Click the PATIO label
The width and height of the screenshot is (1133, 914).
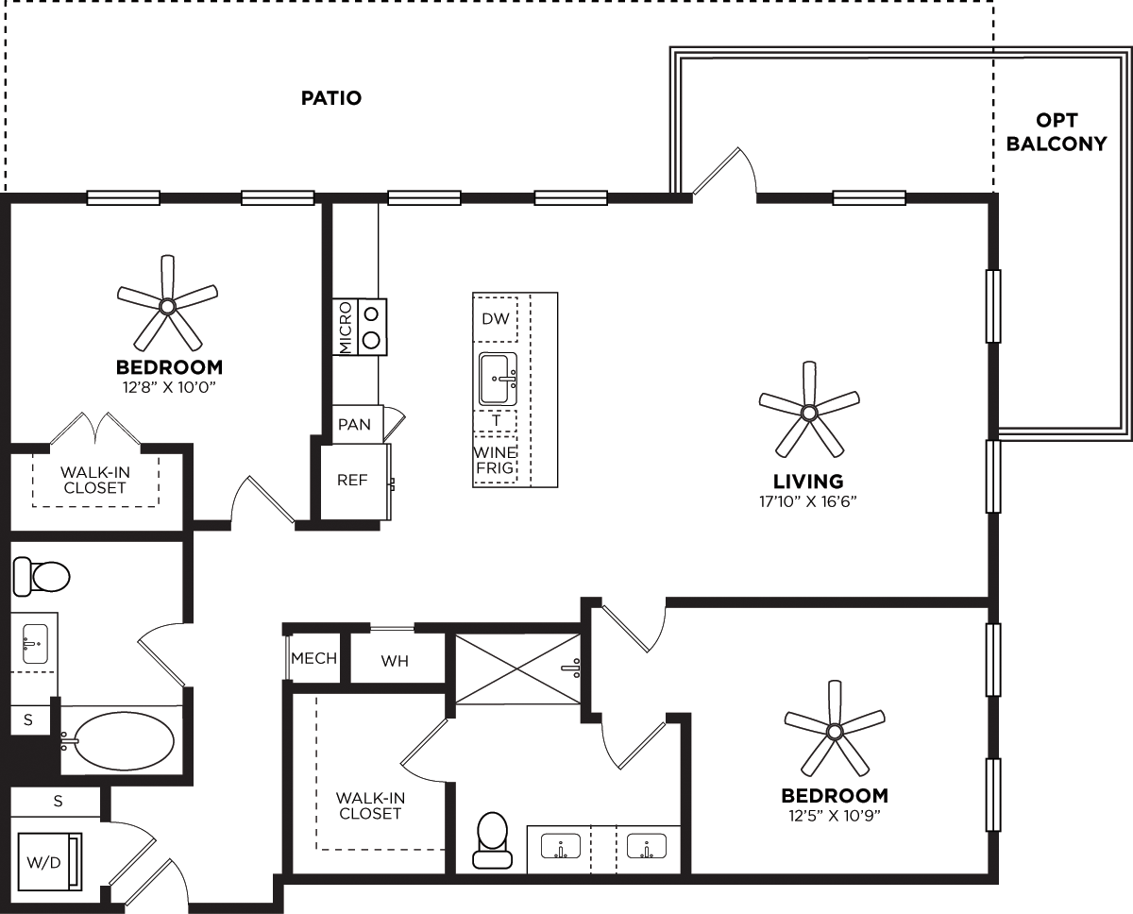(330, 98)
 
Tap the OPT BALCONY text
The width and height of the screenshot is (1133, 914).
(1056, 132)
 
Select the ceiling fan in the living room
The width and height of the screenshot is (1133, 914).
(808, 412)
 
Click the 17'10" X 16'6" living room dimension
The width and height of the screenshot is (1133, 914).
(808, 501)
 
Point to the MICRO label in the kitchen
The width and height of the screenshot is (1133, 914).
(346, 328)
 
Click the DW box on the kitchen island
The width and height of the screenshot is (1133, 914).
(496, 318)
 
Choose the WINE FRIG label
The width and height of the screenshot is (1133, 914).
(495, 461)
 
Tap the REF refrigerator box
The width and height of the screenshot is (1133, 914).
(352, 481)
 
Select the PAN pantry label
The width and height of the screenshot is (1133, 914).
(355, 425)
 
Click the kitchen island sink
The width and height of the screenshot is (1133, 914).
(498, 379)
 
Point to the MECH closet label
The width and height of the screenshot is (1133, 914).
(314, 658)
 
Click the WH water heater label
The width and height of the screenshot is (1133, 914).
(395, 661)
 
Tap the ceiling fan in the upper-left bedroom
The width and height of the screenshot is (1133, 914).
(167, 304)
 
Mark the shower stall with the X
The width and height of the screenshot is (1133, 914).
(517, 669)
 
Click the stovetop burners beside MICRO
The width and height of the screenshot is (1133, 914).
(372, 327)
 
